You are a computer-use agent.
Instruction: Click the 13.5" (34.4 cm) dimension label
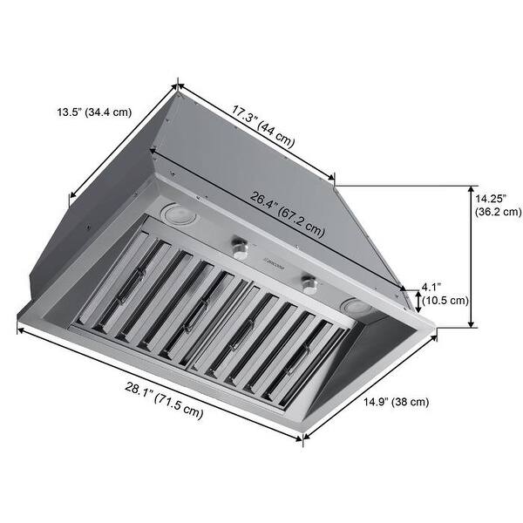94,112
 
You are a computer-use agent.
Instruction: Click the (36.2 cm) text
498,211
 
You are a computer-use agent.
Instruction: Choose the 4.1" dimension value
431,287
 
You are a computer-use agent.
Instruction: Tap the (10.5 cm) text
445,301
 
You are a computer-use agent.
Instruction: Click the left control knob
240,247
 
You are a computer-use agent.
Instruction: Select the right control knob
308,282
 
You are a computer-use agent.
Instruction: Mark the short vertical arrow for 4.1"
418,301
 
